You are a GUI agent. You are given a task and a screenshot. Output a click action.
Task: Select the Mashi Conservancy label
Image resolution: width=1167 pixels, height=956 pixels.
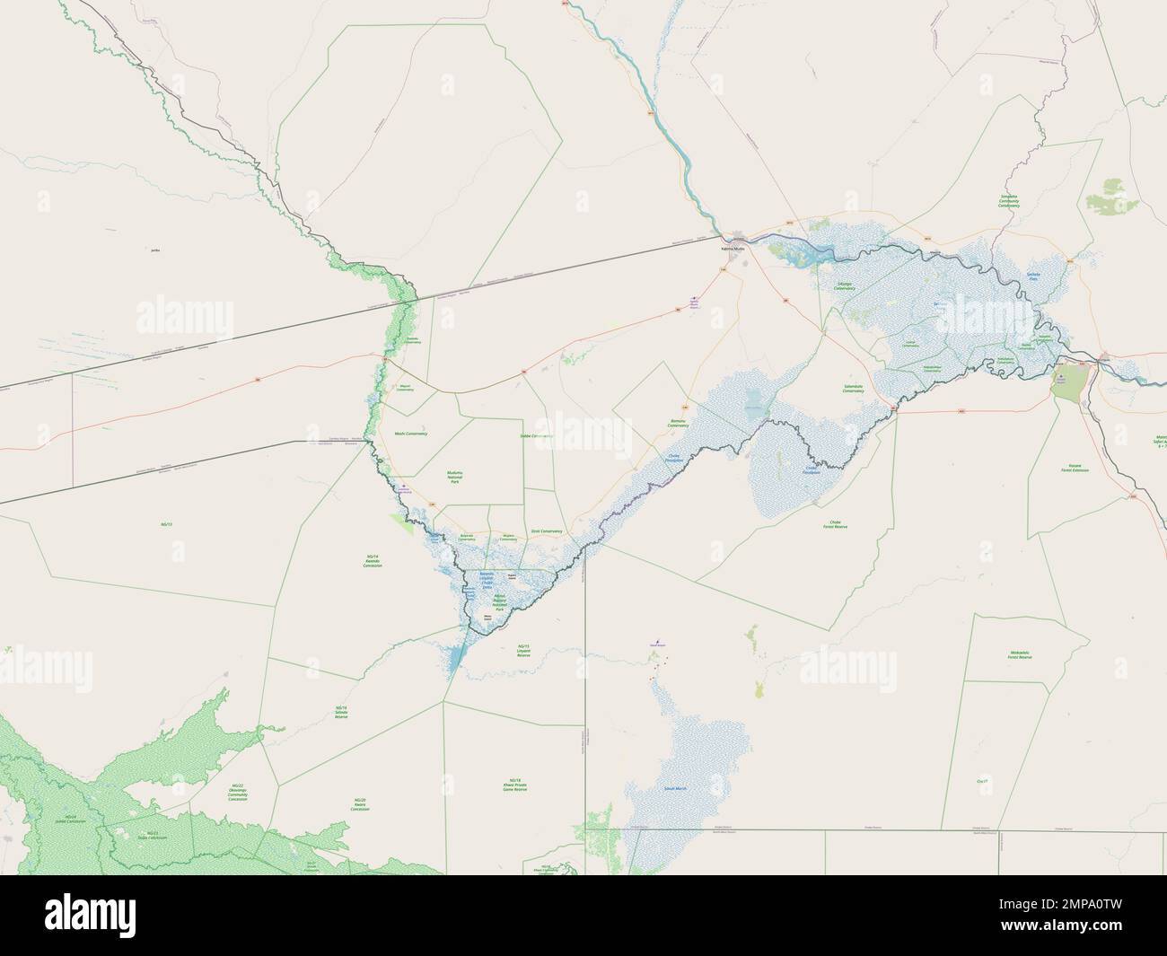[x=411, y=434]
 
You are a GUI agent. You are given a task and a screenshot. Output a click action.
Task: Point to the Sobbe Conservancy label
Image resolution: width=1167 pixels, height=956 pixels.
[x=536, y=436]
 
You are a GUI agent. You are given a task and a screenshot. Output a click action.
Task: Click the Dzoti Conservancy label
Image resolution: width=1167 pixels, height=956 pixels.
[x=546, y=531]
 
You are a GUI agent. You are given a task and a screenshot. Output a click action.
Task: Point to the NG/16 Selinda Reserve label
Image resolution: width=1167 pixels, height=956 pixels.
[x=341, y=713]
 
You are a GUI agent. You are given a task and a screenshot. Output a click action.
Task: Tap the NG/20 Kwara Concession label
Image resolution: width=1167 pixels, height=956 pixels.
[x=360, y=804]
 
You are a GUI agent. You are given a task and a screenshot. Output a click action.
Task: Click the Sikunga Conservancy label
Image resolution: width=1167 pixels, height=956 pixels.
[x=844, y=286]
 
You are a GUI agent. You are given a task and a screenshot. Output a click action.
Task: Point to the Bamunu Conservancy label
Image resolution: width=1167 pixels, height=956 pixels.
[x=678, y=423]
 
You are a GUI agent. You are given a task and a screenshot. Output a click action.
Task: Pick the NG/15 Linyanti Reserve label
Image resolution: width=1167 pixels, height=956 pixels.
[x=524, y=650]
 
